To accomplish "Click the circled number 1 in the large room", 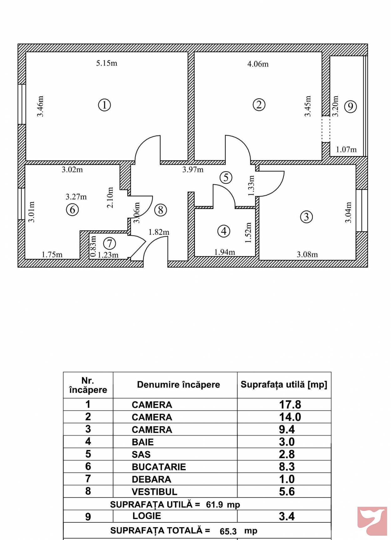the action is (104, 105).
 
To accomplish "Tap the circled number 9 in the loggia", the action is (350, 107).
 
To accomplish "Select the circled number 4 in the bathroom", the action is (224, 231).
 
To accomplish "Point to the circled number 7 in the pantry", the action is (109, 243).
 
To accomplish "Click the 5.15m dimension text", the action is (107, 63).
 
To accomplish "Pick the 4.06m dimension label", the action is (258, 64).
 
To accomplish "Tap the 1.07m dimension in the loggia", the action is (346, 150).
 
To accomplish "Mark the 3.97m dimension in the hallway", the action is (193, 170).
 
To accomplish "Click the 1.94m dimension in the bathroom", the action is (225, 252).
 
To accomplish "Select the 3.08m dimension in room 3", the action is (307, 255).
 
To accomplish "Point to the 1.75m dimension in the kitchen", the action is (52, 255).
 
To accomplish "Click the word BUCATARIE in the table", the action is (159, 467).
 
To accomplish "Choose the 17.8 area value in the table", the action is (290, 404).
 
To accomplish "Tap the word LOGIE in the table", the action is (147, 516).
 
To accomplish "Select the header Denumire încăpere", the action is (179, 385).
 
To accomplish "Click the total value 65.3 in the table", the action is (228, 532).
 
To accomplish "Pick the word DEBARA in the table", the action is (151, 479).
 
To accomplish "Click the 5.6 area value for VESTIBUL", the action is (287, 491).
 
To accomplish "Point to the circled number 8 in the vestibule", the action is (160, 210).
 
